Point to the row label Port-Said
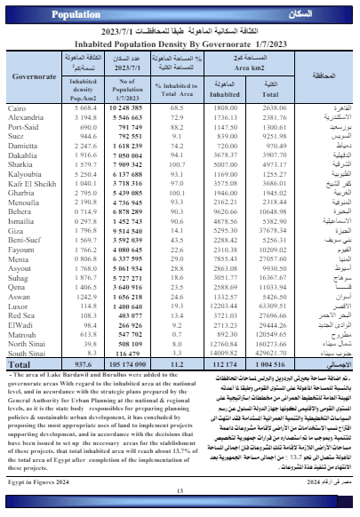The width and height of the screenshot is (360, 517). coord(23,125)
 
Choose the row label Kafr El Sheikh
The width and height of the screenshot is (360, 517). coord(30,183)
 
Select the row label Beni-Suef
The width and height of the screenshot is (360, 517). coord(24,241)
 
